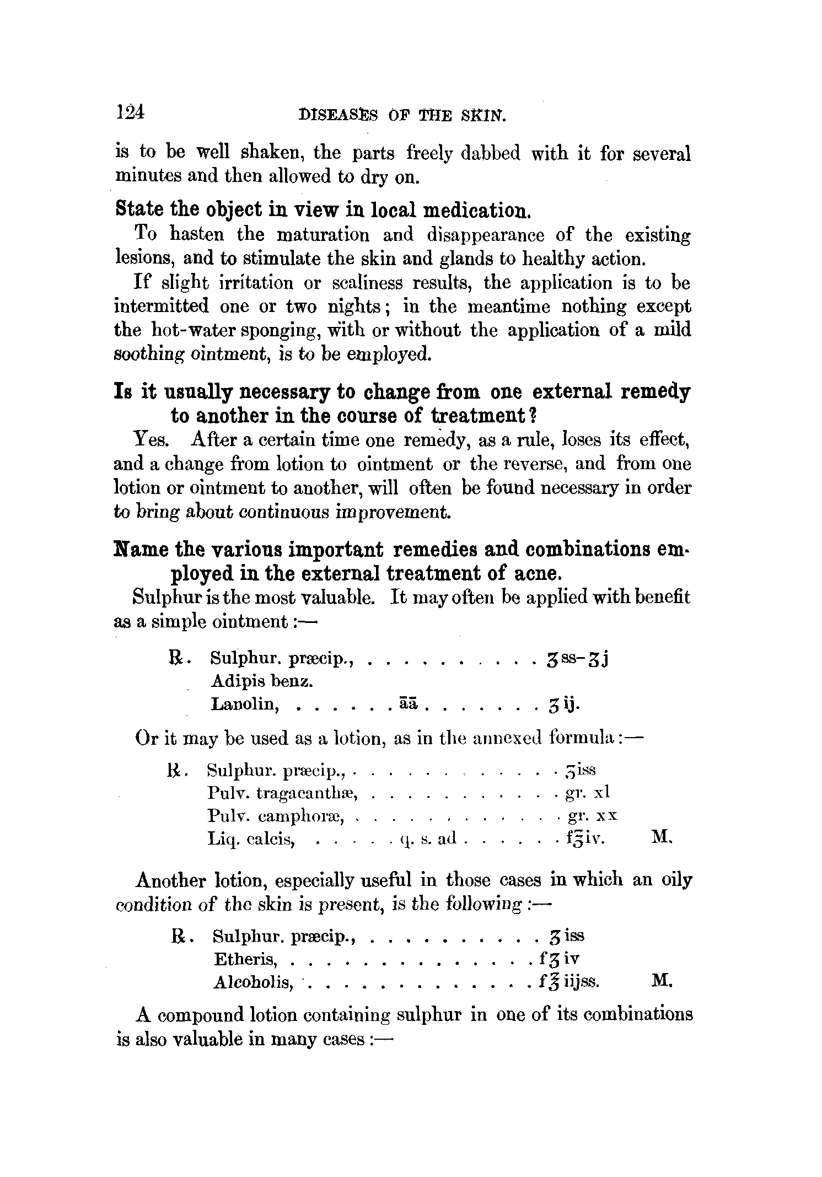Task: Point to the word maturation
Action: point(322,235)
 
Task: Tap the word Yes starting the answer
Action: point(151,440)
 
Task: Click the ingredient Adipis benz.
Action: point(262,682)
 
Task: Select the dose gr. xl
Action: point(588,793)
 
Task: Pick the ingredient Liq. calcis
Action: point(253,839)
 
